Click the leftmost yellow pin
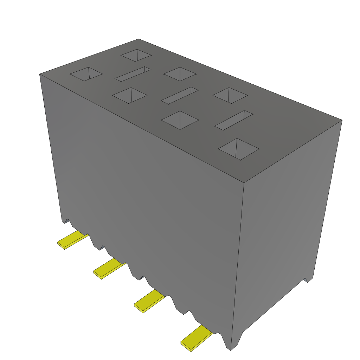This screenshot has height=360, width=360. tap(72, 240)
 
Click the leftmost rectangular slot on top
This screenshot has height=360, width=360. tap(133, 74)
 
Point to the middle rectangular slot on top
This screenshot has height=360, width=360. tap(180, 95)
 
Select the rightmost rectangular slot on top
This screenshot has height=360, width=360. tap(234, 120)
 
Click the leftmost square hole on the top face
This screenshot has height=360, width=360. tap(86, 74)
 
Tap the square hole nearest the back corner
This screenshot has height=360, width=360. tap(136, 55)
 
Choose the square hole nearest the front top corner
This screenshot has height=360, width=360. tap(239, 149)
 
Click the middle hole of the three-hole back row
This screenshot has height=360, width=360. tap(180, 73)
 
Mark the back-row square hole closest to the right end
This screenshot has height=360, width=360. tap(230, 96)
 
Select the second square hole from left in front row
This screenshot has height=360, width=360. tap(129, 96)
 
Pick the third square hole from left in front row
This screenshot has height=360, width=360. tap(180, 120)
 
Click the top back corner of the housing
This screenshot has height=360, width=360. tap(139, 39)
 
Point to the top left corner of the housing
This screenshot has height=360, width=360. tap(39, 74)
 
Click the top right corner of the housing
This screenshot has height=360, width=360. tap(342, 120)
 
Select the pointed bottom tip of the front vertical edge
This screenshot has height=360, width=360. tap(231, 350)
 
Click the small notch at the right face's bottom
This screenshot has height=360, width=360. tap(308, 280)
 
